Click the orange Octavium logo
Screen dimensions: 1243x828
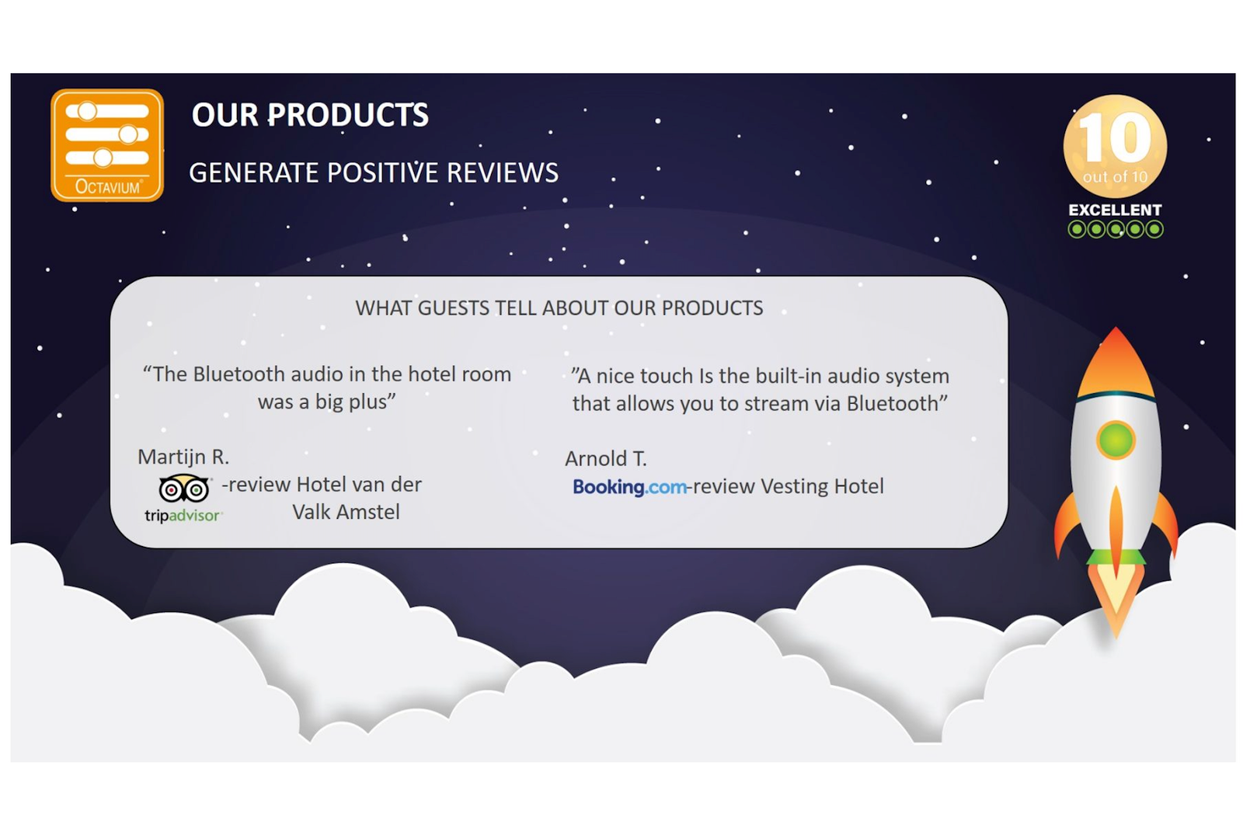[x=107, y=145]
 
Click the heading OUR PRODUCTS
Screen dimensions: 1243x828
[x=310, y=115]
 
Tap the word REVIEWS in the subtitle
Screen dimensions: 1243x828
[x=502, y=172]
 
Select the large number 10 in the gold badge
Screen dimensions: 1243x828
[x=1116, y=137]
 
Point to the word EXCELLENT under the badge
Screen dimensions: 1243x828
[x=1115, y=210]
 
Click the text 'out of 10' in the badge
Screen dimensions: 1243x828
[x=1115, y=177]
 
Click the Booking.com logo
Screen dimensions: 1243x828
[x=629, y=487]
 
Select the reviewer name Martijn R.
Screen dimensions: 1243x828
[x=183, y=457]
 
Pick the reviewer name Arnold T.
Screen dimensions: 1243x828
[x=606, y=459]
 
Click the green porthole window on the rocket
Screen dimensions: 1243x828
[x=1116, y=440]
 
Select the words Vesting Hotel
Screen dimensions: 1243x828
[x=822, y=486]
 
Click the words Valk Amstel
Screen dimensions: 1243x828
[x=346, y=512]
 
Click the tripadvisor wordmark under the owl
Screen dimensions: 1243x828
[x=183, y=516]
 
